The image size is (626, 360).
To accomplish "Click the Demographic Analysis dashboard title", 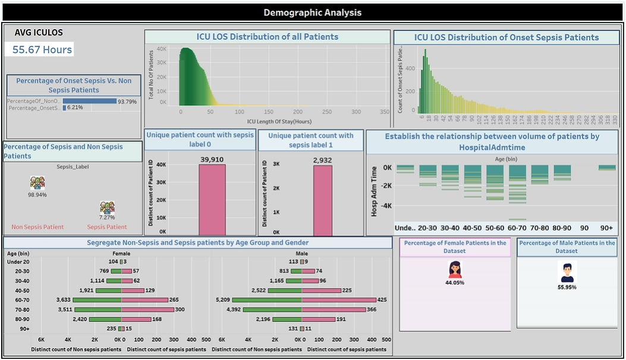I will pyautogui.click(x=312, y=12).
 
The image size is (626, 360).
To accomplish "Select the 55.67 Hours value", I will pyautogui.click(x=42, y=50).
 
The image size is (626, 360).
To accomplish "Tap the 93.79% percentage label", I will pyautogui.click(x=127, y=102).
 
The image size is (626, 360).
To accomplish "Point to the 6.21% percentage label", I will pyautogui.click(x=75, y=108).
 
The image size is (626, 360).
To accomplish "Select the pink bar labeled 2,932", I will pyautogui.click(x=323, y=200).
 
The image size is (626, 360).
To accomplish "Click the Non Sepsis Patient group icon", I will pyautogui.click(x=37, y=183).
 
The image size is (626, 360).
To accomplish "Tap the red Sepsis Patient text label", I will pyautogui.click(x=107, y=227).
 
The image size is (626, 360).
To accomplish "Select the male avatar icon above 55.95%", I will pyautogui.click(x=567, y=272).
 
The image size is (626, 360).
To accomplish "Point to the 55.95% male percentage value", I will pyautogui.click(x=567, y=287).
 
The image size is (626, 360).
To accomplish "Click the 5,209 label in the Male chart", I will pyautogui.click(x=222, y=300).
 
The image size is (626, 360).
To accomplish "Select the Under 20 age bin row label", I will pyautogui.click(x=19, y=261).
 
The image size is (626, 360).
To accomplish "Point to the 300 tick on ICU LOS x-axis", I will pyautogui.click(x=356, y=112).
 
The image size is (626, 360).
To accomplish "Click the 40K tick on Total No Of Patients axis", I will pyautogui.click(x=161, y=49).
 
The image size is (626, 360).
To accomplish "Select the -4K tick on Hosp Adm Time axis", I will pyautogui.click(x=386, y=206).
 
